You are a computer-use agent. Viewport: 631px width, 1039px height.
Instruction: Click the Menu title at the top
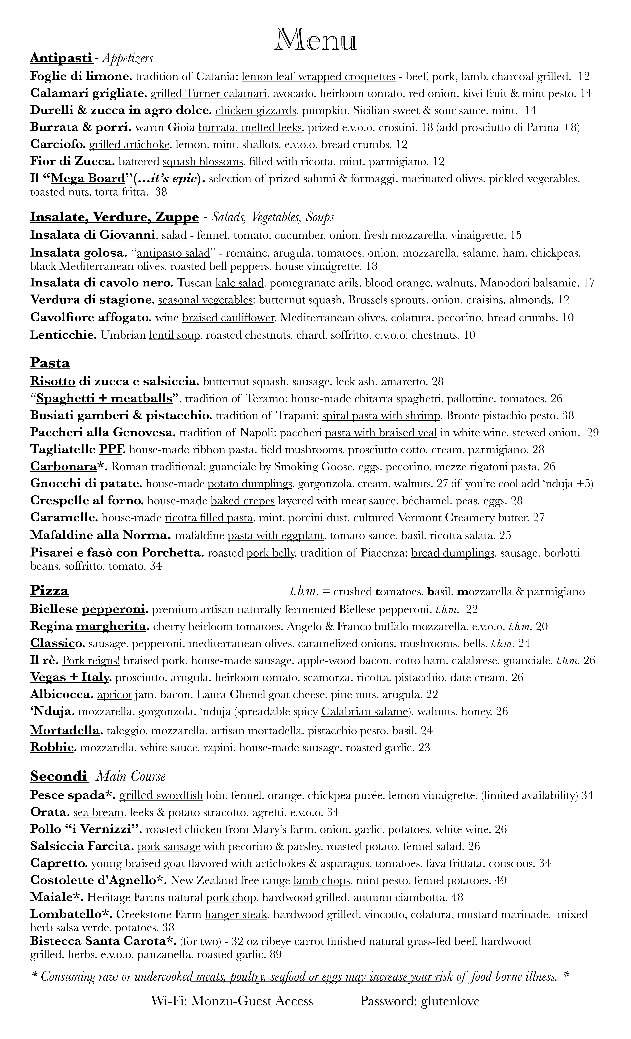point(315,40)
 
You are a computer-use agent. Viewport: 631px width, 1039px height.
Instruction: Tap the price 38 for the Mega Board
point(161,192)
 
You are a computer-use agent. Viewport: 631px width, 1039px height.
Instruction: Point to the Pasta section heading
point(50,363)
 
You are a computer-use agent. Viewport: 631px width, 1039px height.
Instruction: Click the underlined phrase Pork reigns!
point(91,660)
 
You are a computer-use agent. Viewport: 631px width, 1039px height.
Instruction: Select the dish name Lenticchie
point(63,335)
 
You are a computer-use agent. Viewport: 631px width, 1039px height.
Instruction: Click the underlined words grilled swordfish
point(161,796)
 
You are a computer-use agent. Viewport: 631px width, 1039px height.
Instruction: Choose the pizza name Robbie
point(53,748)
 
